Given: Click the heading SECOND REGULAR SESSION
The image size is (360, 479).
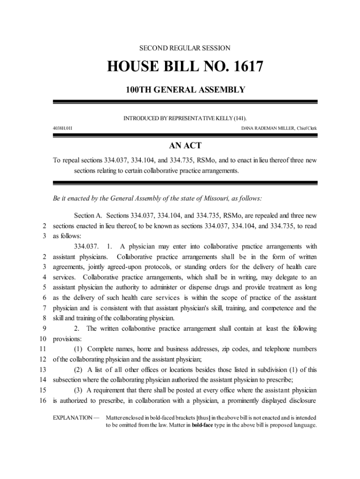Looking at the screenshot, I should click(185, 48).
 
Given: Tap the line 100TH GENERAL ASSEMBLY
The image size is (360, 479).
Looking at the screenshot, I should click(185, 90).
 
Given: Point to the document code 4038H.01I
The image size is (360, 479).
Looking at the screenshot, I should click(62, 127).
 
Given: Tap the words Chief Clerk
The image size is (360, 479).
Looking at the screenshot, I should click(307, 127).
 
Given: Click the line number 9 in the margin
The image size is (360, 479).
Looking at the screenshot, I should click(44, 328).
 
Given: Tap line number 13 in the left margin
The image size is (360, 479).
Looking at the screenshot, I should click(43, 370).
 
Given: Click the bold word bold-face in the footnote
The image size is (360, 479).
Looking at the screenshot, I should click(202, 425).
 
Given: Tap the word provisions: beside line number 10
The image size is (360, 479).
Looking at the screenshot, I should click(67, 339).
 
